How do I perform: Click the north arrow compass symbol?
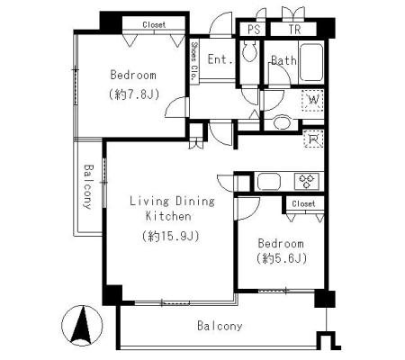coord(82,326)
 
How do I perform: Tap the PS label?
coord(254,30)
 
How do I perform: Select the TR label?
coord(294,30)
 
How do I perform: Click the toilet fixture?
coord(249,51)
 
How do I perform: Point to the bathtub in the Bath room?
coord(311,62)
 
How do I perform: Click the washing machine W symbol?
coord(313,100)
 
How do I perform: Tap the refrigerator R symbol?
coord(313,139)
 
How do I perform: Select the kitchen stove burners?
coord(306,181)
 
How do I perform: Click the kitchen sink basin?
coord(269,181)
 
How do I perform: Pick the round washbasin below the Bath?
coord(282,123)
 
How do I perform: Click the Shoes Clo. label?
coord(194,60)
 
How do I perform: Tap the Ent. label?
coord(220,59)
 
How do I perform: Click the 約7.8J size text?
coord(133,94)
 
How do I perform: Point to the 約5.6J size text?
coord(282,258)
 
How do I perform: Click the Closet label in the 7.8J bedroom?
coord(154,24)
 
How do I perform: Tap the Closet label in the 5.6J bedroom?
coord(303,204)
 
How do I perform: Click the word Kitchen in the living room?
coord(168,216)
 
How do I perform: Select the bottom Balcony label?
coord(220,326)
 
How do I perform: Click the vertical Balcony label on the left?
coord(88,186)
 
